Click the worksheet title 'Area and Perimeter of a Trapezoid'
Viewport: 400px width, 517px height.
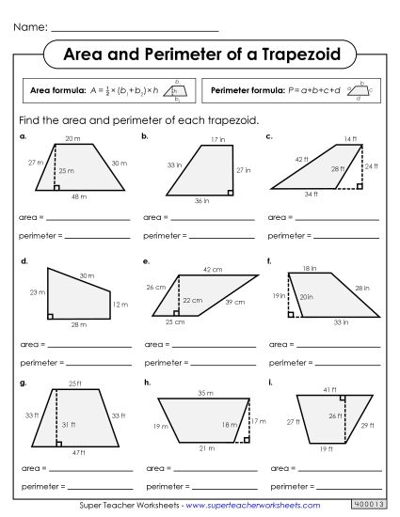point(200,55)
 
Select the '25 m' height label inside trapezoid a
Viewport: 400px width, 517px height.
point(65,171)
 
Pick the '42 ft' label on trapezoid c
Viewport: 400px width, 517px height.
point(300,159)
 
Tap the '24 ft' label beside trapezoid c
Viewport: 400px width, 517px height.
point(371,165)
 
